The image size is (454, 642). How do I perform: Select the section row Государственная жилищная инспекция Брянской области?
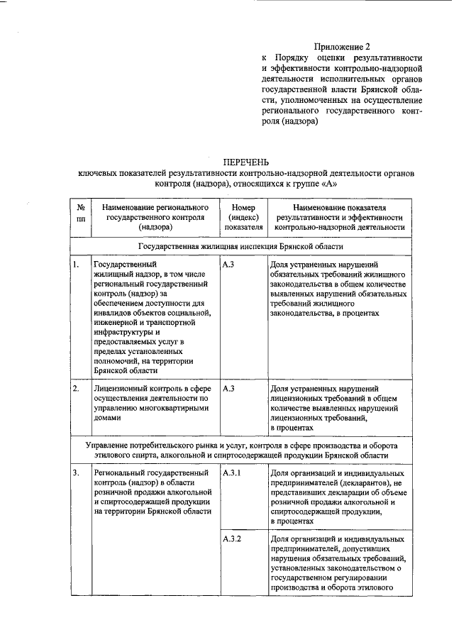(x=240, y=247)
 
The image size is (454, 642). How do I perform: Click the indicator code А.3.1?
(x=233, y=472)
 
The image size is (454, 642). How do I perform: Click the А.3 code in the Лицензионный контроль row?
(x=228, y=389)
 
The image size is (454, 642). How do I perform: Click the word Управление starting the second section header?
(x=111, y=444)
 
